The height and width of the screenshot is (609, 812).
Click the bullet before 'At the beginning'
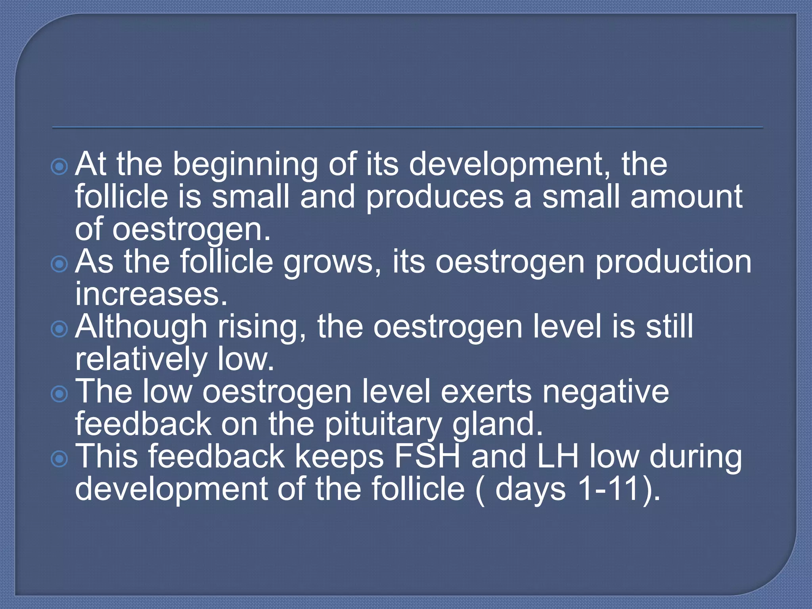[59, 167]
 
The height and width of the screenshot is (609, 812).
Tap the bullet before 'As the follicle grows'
[59, 264]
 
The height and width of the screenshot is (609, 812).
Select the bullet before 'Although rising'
[59, 329]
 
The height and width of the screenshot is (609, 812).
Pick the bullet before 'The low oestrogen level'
[59, 394]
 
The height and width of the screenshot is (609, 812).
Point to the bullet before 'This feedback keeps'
[59, 459]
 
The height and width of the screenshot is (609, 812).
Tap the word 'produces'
[435, 197]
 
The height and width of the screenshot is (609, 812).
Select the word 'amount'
[686, 197]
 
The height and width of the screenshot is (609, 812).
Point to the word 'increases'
[151, 294]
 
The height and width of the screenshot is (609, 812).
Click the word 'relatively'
[141, 360]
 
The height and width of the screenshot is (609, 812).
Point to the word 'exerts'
[486, 393]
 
